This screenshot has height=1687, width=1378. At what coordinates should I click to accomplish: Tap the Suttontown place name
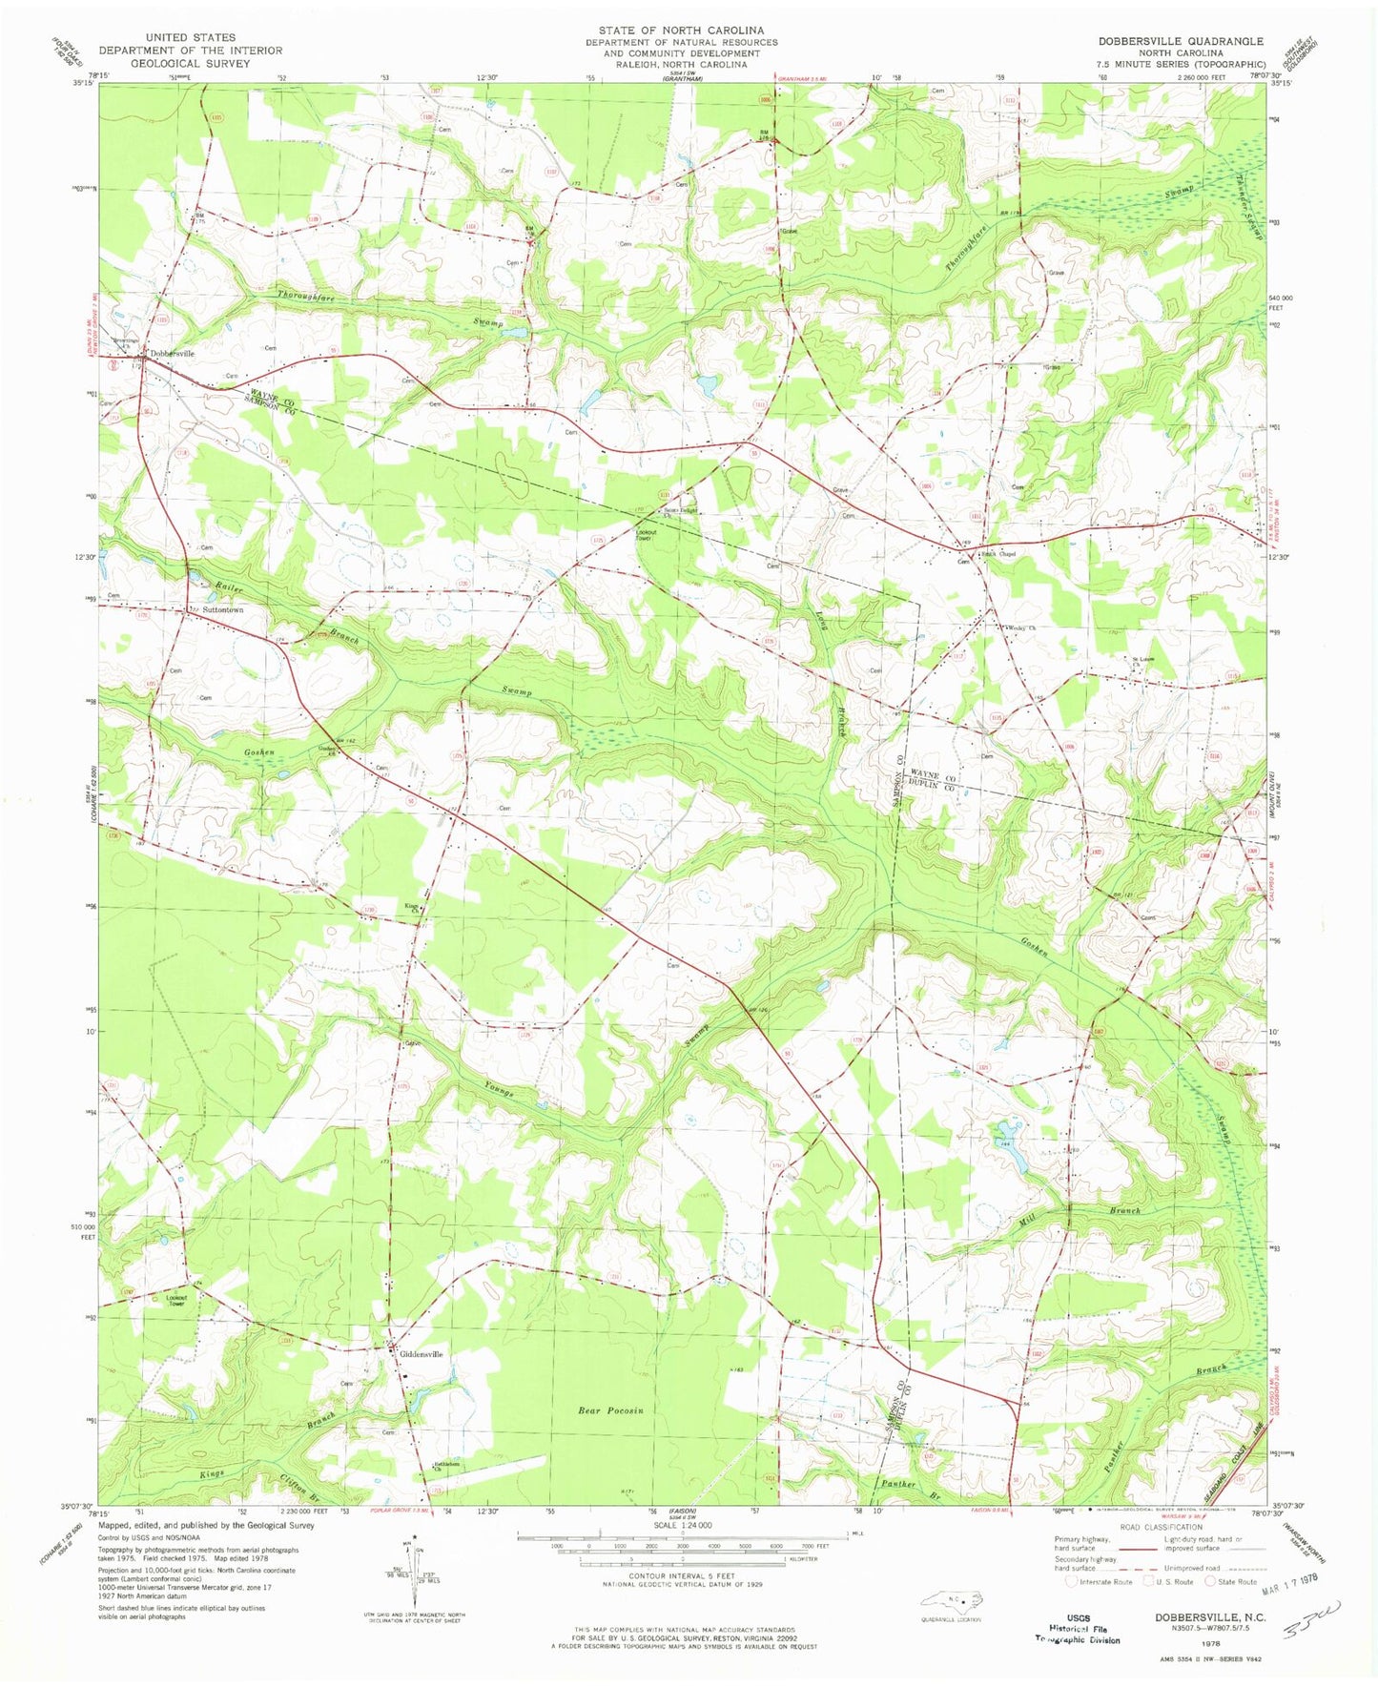(220, 609)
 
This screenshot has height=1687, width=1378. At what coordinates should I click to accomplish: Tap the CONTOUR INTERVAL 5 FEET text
(683, 1576)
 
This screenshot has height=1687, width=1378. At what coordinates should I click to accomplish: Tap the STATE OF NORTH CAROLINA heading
(681, 31)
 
